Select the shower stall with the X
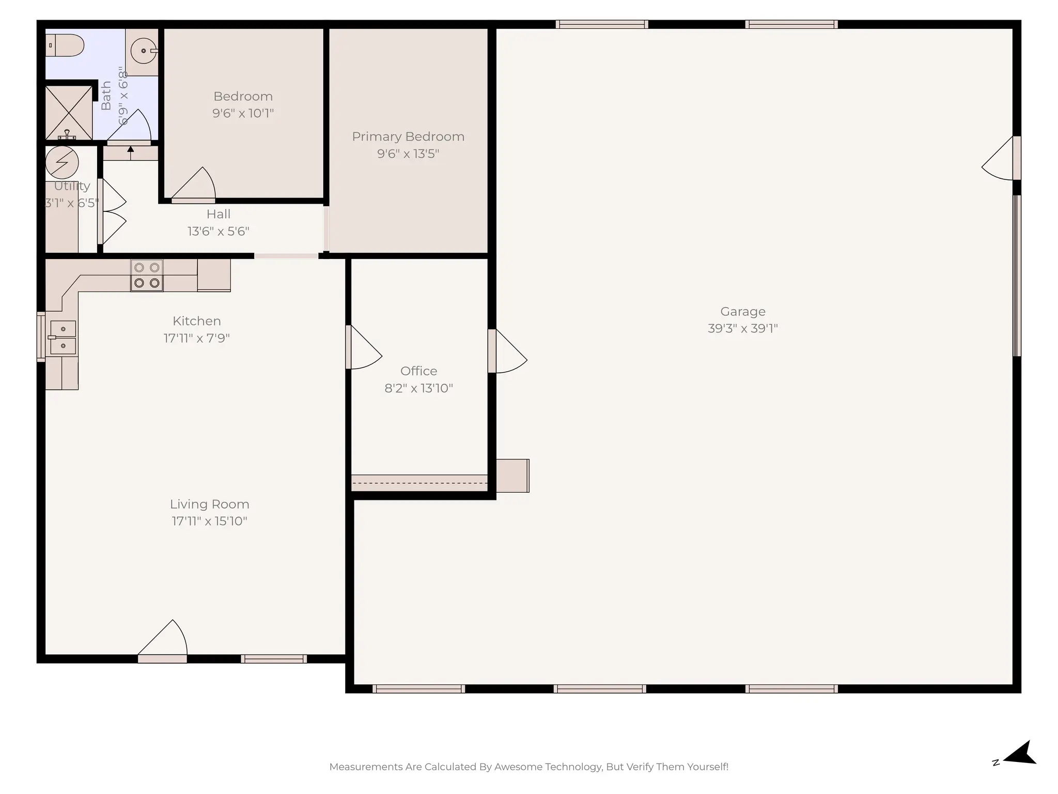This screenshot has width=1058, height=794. (x=69, y=113)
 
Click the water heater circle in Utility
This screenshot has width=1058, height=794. (x=62, y=162)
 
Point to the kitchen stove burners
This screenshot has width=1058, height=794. (x=147, y=276)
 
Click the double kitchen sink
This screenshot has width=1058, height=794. (x=63, y=337)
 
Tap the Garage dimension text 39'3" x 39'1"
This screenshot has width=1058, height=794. (x=742, y=329)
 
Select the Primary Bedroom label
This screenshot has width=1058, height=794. (x=408, y=137)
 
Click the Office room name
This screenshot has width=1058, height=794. (x=418, y=371)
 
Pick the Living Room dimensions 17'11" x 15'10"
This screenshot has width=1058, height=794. (x=209, y=521)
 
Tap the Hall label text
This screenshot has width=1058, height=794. (x=219, y=215)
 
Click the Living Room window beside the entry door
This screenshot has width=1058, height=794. (x=274, y=659)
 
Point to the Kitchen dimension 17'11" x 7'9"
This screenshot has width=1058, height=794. (x=197, y=338)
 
